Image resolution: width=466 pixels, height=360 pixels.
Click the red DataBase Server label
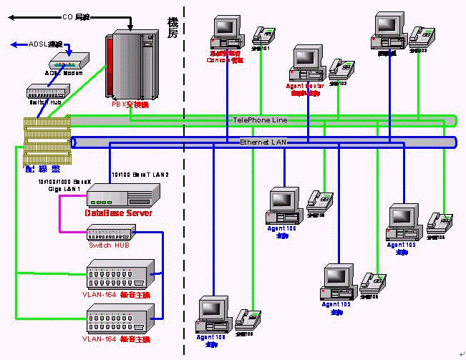pyautogui.click(x=117, y=213)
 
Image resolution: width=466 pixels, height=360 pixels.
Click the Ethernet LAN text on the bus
pyautogui.click(x=263, y=142)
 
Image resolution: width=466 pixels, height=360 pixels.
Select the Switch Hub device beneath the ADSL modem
pyautogui.click(x=47, y=92)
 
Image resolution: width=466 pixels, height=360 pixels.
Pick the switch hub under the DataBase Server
pyautogui.click(x=111, y=233)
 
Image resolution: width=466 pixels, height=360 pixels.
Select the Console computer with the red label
pyautogui.click(x=225, y=33)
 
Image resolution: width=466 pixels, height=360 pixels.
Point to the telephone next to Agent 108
pyautogui.click(x=246, y=318)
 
